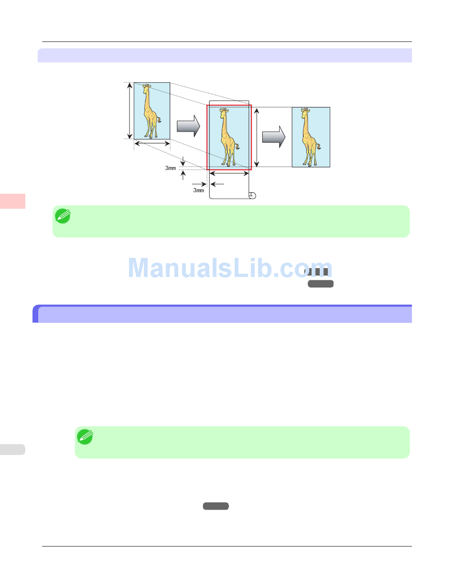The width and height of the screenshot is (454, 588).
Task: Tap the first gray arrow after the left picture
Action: (x=188, y=125)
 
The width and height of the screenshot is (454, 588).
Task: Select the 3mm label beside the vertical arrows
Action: (x=170, y=168)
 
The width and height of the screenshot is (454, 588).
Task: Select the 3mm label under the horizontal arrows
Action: (x=198, y=190)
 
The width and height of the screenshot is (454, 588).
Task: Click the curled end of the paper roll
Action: (x=252, y=195)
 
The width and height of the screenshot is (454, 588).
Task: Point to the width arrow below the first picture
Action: (x=151, y=143)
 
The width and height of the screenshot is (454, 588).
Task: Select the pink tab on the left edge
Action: (x=12, y=201)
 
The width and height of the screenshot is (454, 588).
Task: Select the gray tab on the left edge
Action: (x=12, y=449)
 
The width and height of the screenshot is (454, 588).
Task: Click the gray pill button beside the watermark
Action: (x=320, y=284)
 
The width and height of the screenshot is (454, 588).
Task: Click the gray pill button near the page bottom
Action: (x=216, y=506)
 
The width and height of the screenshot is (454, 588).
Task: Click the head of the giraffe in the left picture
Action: (x=147, y=87)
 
